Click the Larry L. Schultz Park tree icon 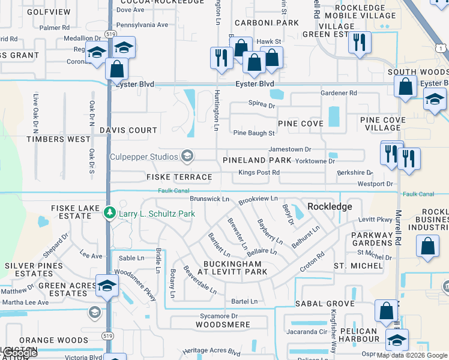[x=109, y=213]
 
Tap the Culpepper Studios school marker [x=187, y=157]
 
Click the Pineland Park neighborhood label [x=257, y=161]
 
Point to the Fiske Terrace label [x=179, y=177]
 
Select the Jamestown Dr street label [x=290, y=149]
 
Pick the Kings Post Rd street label [x=259, y=173]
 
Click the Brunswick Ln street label [x=209, y=199]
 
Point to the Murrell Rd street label [x=398, y=227]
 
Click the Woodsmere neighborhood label [x=223, y=325]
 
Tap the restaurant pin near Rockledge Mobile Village [x=360, y=43]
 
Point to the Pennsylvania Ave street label [x=142, y=25]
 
